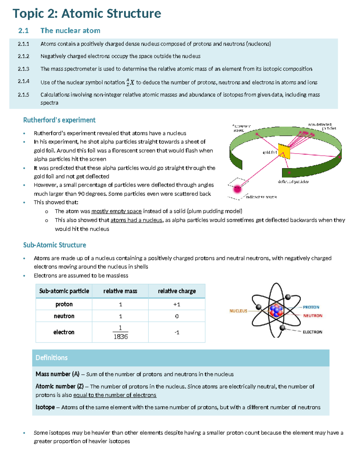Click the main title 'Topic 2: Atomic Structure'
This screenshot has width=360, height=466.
tap(87, 14)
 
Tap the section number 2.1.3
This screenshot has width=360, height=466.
tap(23, 69)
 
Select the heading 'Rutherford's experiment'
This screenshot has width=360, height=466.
tap(59, 120)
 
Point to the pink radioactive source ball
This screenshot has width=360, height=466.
tap(237, 189)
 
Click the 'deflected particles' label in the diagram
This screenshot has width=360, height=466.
tap(293, 182)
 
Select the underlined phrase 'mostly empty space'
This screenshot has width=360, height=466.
tap(116, 211)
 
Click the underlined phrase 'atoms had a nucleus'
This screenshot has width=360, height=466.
tap(136, 220)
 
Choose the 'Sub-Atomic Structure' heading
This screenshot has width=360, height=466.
tap(55, 245)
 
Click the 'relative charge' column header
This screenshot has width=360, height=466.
tap(177, 291)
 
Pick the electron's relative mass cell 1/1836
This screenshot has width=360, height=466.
tap(120, 332)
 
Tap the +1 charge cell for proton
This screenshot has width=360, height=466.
tap(177, 304)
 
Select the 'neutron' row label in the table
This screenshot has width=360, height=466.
tap(64, 316)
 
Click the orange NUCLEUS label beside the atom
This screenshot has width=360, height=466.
tap(238, 311)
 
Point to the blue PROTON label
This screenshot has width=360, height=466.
tap(311, 307)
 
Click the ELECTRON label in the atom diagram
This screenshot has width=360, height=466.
tap(312, 332)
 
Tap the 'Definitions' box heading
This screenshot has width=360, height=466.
tap(52, 358)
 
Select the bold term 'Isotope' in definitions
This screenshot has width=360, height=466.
tap(45, 407)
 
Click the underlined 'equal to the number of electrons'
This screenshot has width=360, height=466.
tap(115, 395)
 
